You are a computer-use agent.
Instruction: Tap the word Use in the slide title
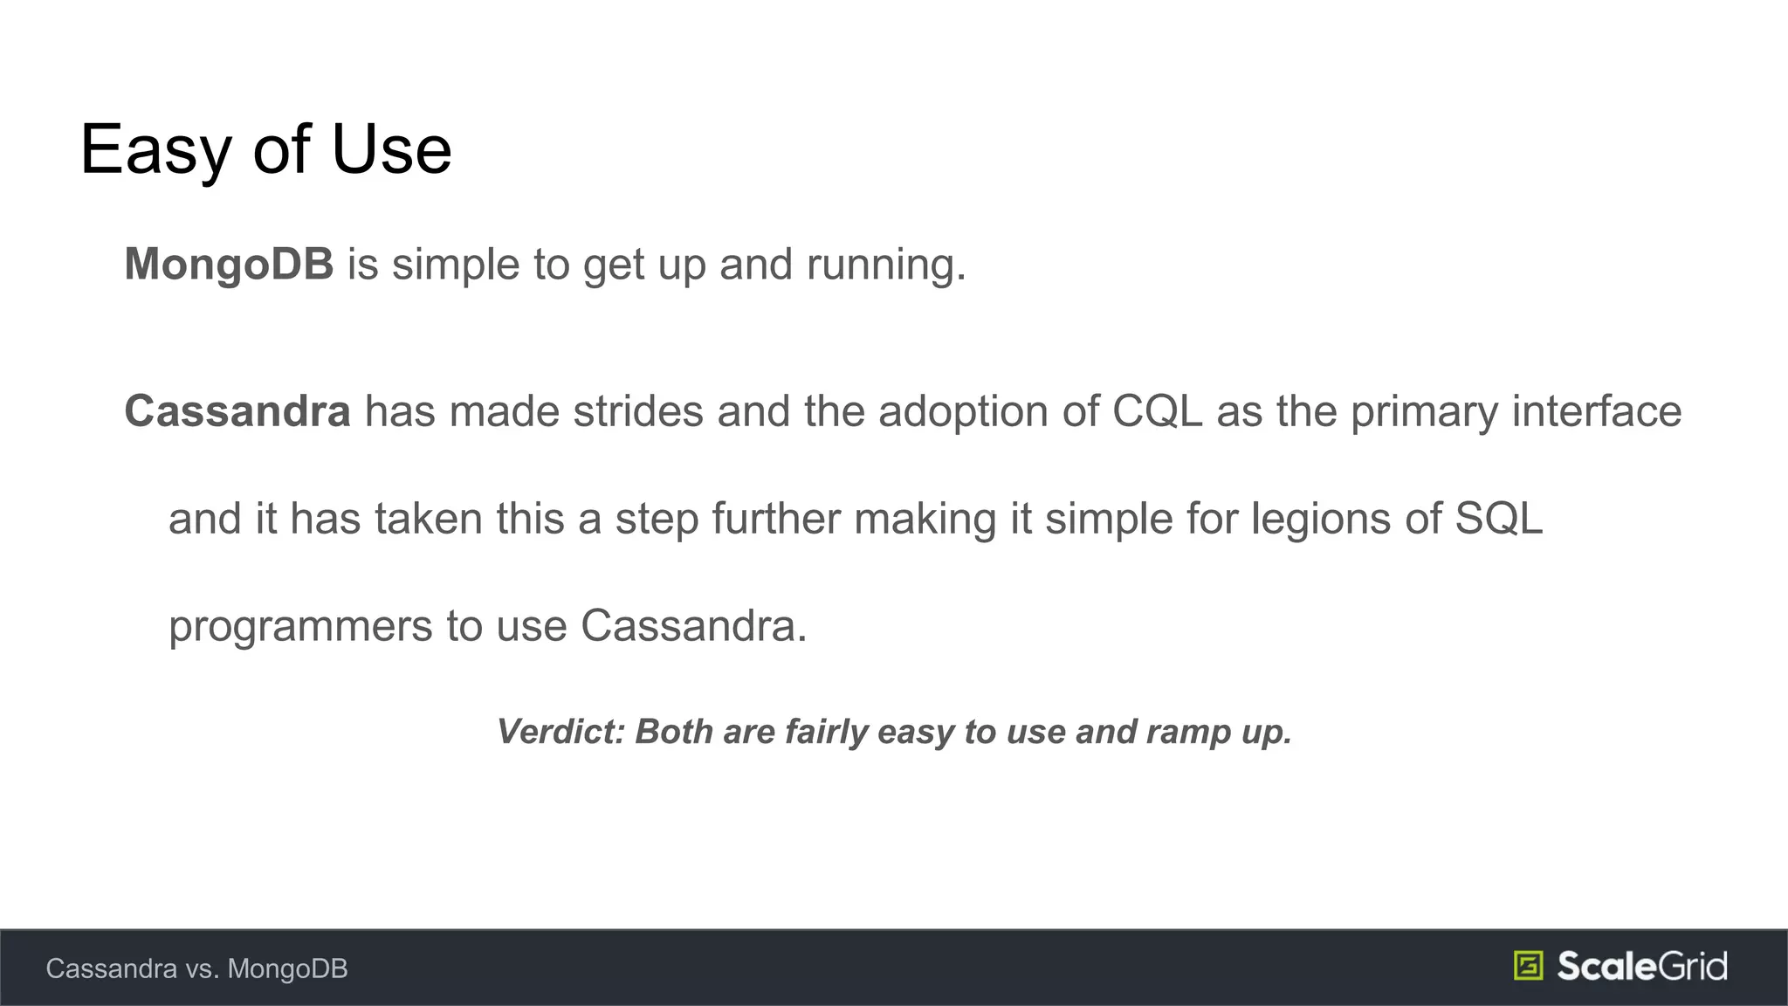[x=391, y=150]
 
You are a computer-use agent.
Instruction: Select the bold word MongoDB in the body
[x=229, y=264]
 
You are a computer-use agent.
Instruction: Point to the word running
[x=885, y=265]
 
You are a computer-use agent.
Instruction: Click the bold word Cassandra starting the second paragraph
[x=237, y=411]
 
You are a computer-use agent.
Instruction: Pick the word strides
[x=637, y=411]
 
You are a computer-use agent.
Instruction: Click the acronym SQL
[x=1498, y=519]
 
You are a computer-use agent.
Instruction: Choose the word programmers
[x=300, y=627]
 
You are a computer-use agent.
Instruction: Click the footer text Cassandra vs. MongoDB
[x=196, y=968]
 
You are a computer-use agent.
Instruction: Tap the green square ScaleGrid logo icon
[x=1528, y=966]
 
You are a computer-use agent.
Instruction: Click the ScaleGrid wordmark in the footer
[x=1641, y=966]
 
